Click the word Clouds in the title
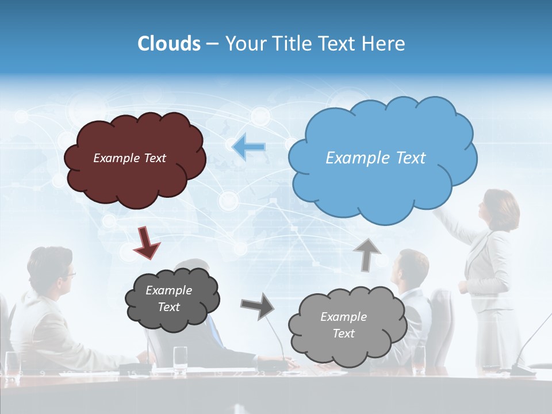pyautogui.click(x=168, y=44)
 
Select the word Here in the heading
pyautogui.click(x=384, y=44)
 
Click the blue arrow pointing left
pyautogui.click(x=249, y=147)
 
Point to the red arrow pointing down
pyautogui.click(x=147, y=241)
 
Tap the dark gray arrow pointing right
pyautogui.click(x=257, y=306)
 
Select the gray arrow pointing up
pyautogui.click(x=366, y=254)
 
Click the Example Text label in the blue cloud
pyautogui.click(x=375, y=158)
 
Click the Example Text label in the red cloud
pyautogui.click(x=129, y=158)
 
